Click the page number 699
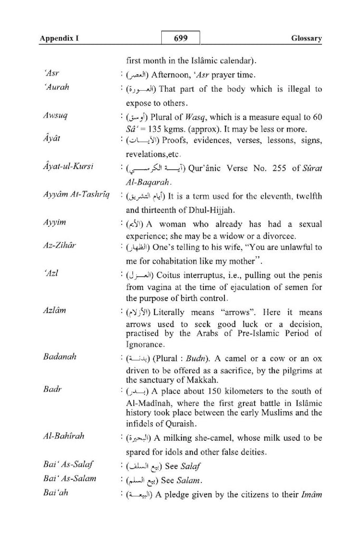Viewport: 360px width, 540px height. pyautogui.click(x=180, y=39)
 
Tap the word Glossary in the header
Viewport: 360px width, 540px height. pyautogui.click(x=306, y=39)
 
